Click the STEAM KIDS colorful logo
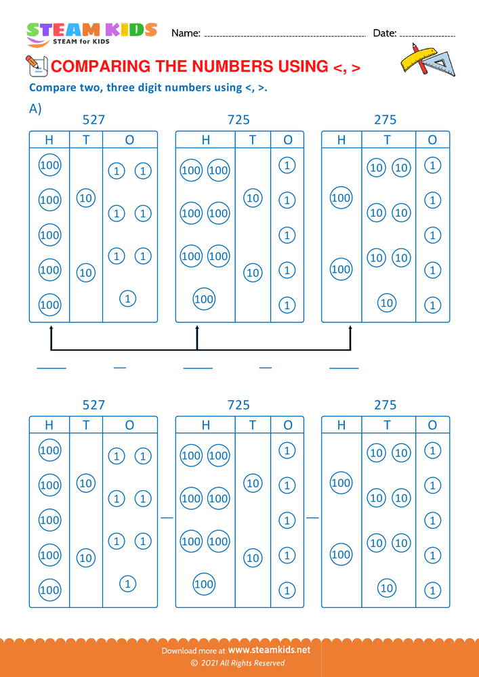click(91, 30)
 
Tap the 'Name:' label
click(186, 33)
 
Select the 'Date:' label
click(384, 33)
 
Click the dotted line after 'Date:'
click(428, 35)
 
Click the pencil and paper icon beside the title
click(35, 65)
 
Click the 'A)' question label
click(35, 109)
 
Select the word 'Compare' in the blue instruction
click(51, 87)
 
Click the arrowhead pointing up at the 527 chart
click(51, 330)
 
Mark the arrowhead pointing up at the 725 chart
click(197, 330)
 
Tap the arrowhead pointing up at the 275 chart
click(350, 330)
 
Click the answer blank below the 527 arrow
click(51, 368)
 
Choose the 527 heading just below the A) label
click(93, 120)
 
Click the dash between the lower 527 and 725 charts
click(167, 517)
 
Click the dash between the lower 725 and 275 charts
click(312, 517)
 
